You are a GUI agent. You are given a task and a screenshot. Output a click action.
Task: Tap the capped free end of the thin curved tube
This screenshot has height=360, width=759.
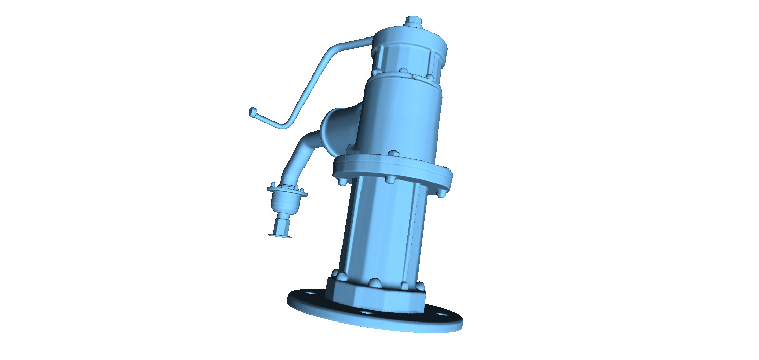tap(252, 111)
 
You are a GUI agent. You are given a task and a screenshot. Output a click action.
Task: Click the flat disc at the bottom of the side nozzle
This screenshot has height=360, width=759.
tap(280, 236)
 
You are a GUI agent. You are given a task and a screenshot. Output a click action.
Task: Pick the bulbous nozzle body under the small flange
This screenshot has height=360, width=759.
tap(287, 203)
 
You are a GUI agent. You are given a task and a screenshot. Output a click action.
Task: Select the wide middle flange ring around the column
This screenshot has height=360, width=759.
tap(393, 169)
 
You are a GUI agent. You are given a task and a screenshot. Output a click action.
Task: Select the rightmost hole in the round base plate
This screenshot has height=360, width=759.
tap(441, 314)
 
